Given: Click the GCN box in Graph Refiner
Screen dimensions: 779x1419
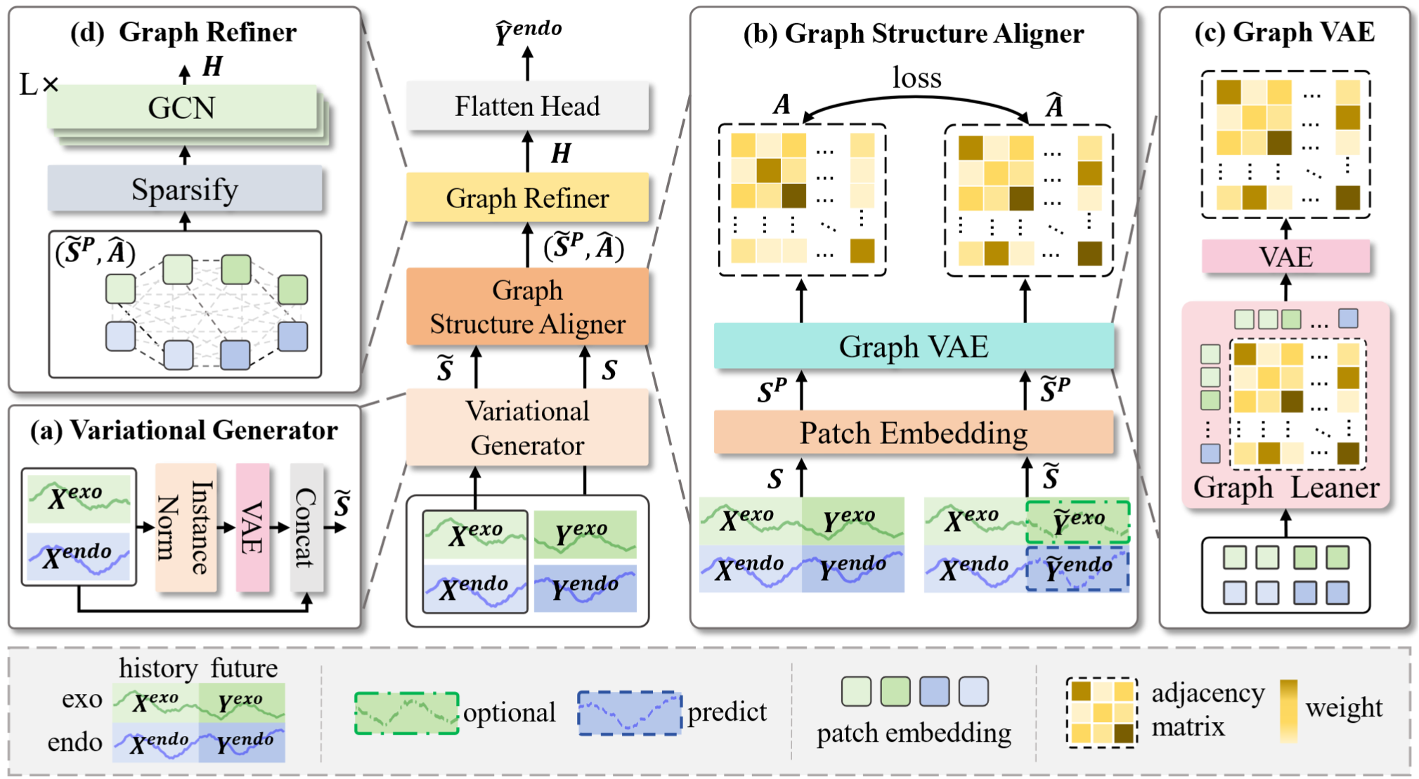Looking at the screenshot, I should click(181, 107).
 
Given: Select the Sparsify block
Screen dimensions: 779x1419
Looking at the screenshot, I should click(184, 189).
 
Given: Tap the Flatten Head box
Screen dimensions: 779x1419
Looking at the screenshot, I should click(527, 106).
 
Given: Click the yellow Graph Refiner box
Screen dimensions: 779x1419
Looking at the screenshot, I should click(527, 198).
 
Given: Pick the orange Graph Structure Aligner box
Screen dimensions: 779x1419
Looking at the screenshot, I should click(527, 307).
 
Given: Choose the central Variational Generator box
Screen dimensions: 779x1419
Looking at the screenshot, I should click(527, 428).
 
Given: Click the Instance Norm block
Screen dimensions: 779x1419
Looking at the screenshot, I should click(185, 527).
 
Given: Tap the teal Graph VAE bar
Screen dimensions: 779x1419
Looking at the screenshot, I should click(913, 346).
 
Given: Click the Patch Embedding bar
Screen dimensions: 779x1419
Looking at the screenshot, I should click(913, 433).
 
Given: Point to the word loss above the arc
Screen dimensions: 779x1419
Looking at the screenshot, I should click(916, 77).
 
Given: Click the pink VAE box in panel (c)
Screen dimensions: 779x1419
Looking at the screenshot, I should click(1285, 256).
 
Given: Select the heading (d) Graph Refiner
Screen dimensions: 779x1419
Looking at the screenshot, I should click(183, 32).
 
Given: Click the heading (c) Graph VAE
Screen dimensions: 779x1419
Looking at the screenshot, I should click(1284, 32).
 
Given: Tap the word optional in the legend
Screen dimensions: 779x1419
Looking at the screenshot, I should click(509, 712).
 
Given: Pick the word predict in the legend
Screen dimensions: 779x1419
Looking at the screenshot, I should click(727, 712).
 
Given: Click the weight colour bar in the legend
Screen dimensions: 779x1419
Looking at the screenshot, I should click(1288, 710).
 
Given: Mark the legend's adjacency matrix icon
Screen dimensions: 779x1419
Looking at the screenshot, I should click(1101, 712).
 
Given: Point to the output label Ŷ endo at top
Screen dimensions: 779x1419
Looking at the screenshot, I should click(528, 31).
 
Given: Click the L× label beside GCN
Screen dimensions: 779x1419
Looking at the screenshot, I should click(39, 85).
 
